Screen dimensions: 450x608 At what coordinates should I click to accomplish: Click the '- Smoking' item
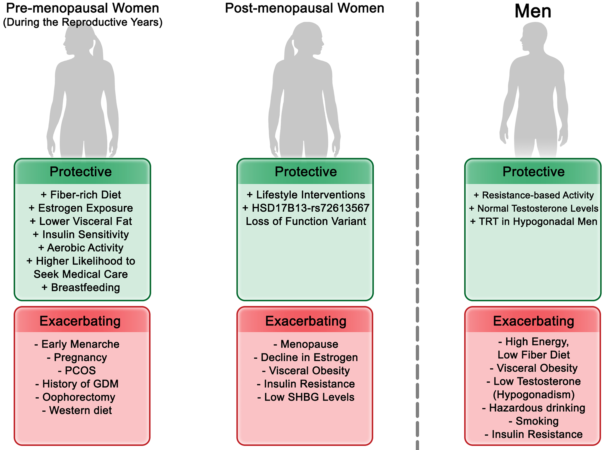point(534,421)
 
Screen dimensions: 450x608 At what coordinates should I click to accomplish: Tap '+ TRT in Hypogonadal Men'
point(534,222)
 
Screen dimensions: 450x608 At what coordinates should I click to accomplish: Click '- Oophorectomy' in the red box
point(75,397)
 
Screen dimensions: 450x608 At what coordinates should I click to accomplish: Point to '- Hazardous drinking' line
point(534,408)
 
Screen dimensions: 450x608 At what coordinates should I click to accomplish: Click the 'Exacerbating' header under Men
point(534,321)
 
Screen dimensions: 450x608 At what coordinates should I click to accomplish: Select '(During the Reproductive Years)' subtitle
point(83,22)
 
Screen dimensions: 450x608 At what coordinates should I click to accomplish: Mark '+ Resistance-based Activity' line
point(534,195)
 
